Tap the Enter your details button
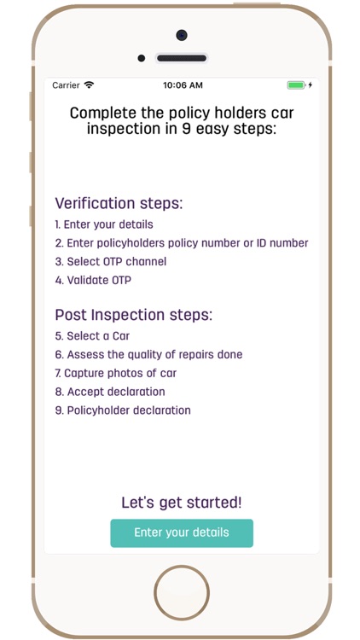coord(182,532)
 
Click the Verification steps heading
coord(119,203)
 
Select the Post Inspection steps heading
coord(133,315)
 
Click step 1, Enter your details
coord(104,224)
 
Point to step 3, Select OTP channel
coord(111,262)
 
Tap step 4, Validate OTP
coord(93,280)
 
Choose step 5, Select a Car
coord(92,336)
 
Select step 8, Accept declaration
coord(110,392)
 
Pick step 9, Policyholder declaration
coord(123,410)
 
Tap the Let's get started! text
coord(182,503)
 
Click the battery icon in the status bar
coord(296,85)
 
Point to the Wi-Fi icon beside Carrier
coord(89,85)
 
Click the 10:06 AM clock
coord(182,85)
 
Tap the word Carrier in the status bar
coord(66,85)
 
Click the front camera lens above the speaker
coord(182,35)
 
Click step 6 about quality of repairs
coord(148,354)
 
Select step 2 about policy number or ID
coord(182,243)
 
